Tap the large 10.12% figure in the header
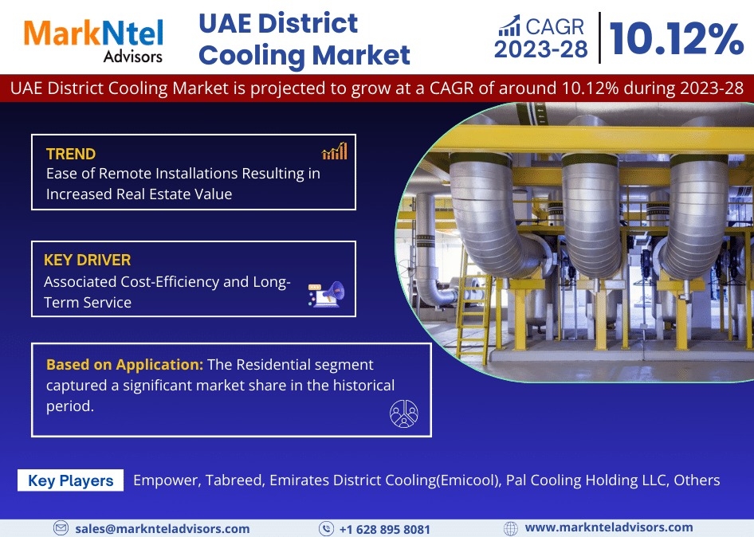[677, 38]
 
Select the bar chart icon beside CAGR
[509, 26]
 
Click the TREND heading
[71, 154]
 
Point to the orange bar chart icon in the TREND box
[335, 151]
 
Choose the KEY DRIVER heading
[87, 260]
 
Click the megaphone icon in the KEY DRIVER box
[327, 294]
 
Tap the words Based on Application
[124, 364]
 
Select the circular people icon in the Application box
[404, 414]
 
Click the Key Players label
[71, 480]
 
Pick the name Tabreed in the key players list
[234, 480]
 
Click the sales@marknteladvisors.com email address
[162, 529]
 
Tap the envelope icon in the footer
[61, 528]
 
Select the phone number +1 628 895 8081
[384, 529]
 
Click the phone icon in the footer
[326, 529]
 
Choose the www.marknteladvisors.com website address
[609, 528]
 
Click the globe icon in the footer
[510, 528]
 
